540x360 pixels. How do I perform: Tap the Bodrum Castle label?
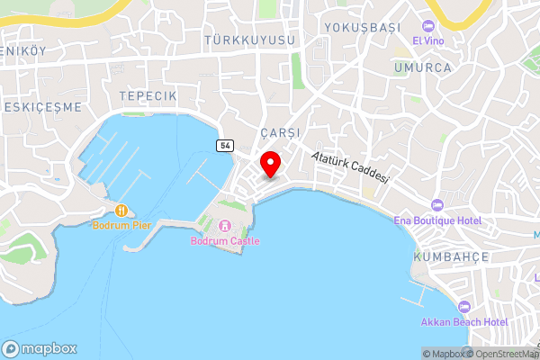coord(225,241)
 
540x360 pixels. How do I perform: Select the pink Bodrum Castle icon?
coord(225,226)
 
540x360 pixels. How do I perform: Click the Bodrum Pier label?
coord(123,224)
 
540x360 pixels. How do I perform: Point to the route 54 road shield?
coord(222,145)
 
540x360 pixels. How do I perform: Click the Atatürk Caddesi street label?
coord(351,166)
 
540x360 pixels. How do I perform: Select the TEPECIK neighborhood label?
coord(148,95)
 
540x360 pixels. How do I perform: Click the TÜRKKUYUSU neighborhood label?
coord(250,41)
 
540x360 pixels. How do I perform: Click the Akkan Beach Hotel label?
coord(464,321)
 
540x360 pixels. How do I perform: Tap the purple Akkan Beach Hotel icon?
coord(464,306)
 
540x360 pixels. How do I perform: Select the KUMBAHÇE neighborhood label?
coord(450,257)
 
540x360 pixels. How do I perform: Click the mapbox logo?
coord(40,348)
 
